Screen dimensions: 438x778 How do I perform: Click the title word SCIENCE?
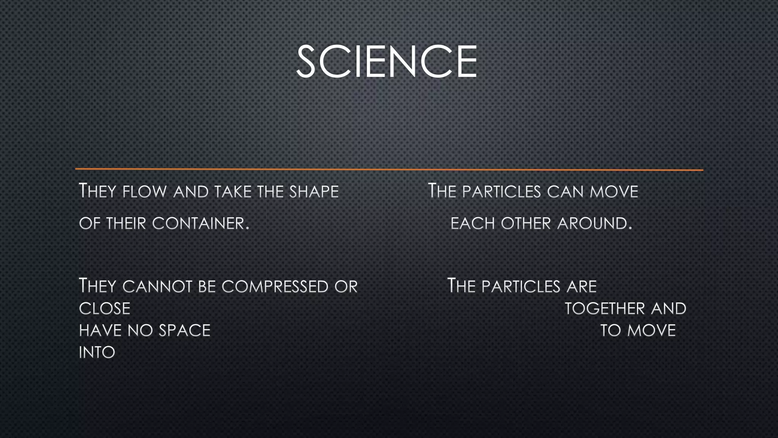coord(386,62)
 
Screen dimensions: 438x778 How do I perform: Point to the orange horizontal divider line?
coord(389,169)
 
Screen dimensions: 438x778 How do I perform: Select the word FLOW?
coord(144,191)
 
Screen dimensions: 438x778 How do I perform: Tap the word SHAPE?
coord(314,191)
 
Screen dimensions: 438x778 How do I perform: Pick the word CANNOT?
coord(157,286)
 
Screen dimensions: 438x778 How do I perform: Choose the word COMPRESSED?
coord(275,286)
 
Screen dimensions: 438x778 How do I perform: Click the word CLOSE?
coord(104,308)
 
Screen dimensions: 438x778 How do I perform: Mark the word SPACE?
coord(184,330)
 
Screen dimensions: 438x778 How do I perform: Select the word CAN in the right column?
coord(565,191)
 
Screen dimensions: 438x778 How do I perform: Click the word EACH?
coord(473,223)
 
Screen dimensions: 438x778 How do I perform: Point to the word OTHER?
coord(526,223)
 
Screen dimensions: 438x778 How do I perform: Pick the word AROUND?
coord(595,223)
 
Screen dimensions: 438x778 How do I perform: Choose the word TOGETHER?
coord(604,308)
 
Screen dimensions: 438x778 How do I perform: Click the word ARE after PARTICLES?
coord(582,286)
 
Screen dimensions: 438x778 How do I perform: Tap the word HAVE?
coord(100,330)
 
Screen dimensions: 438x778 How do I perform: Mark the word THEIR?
coord(126,223)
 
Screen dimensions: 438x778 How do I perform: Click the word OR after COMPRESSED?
coord(346,286)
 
